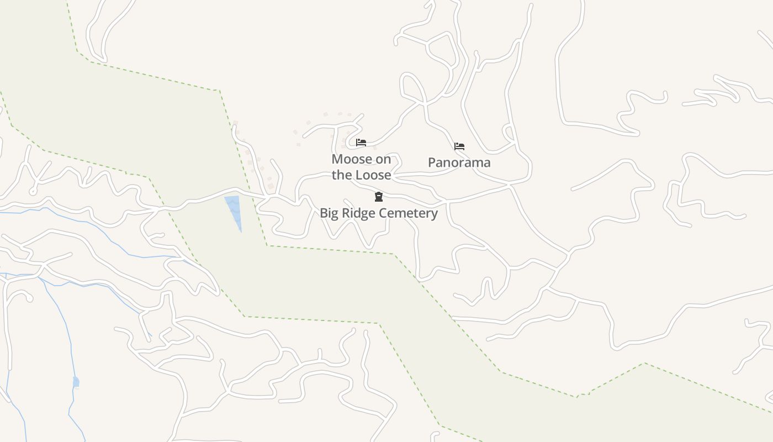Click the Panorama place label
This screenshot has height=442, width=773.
point(459,162)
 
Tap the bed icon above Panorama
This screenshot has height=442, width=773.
point(459,146)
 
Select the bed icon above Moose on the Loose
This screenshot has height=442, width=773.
point(361,143)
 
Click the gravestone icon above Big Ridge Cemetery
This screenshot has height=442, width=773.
point(379,197)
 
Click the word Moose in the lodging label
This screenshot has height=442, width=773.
point(352,159)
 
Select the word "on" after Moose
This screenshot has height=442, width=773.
point(383,159)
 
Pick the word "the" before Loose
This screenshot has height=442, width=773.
point(342,175)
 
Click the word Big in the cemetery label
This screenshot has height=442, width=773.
point(329,213)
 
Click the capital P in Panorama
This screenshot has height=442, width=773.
point(432,162)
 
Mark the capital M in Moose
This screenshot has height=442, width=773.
point(337,159)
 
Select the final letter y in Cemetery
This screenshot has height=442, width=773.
point(435,214)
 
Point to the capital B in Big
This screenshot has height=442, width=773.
point(323,213)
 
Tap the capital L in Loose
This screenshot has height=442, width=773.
point(358,175)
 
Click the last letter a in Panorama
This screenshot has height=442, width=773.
point(486,163)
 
